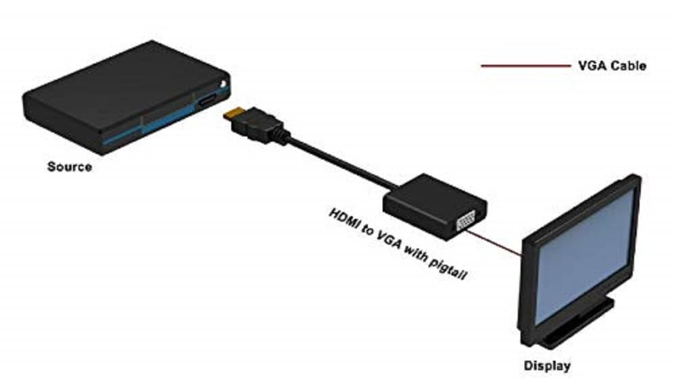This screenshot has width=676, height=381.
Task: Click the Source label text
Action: (x=70, y=167)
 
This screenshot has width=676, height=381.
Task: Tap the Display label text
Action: (x=547, y=366)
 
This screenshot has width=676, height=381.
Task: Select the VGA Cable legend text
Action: (x=612, y=66)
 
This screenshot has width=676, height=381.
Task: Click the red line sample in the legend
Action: (x=525, y=66)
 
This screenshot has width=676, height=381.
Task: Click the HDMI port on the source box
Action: (x=208, y=101)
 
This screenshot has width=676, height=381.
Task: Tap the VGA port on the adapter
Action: (x=466, y=221)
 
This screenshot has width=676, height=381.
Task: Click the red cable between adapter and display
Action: (x=494, y=243)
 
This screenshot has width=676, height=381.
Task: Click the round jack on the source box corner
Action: (x=223, y=84)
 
